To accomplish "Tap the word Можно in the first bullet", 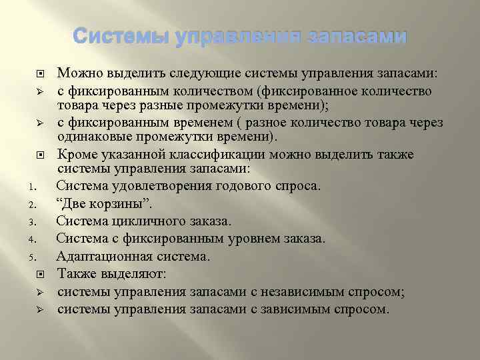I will click(x=76, y=73).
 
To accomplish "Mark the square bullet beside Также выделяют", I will click(x=40, y=273).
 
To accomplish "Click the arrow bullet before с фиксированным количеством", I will click(x=40, y=91).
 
